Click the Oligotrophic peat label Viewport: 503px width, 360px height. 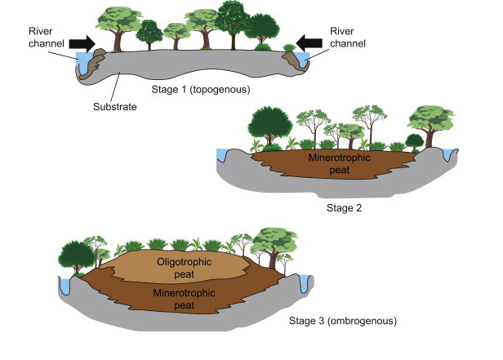pyautogui.click(x=183, y=267)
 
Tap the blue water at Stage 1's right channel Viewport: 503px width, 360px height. pyautogui.click(x=306, y=60)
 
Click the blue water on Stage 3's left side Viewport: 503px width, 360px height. pyautogui.click(x=65, y=285)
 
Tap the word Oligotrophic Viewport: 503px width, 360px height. pyautogui.click(x=183, y=261)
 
